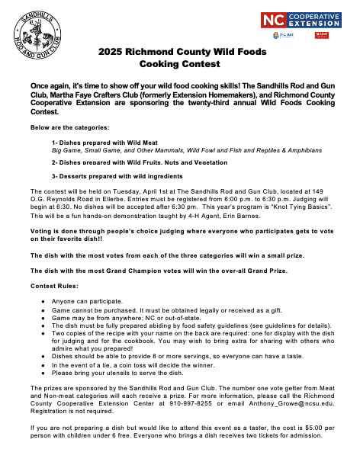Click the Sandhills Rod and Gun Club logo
tap(37, 37)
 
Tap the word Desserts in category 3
tap(72, 177)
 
